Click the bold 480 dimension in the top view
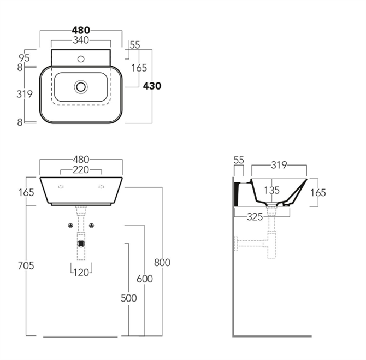pyautogui.click(x=81, y=30)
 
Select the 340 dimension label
pyautogui.click(x=81, y=40)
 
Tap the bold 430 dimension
pyautogui.click(x=152, y=86)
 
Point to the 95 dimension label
pyautogui.click(x=23, y=57)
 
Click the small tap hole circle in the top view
pyautogui.click(x=81, y=58)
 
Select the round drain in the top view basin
pyautogui.click(x=81, y=86)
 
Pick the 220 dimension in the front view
pyautogui.click(x=81, y=170)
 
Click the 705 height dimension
pyautogui.click(x=25, y=265)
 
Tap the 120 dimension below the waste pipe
pyautogui.click(x=81, y=273)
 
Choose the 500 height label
pyautogui.click(x=128, y=298)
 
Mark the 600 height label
pyautogui.click(x=145, y=279)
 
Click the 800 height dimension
pyautogui.click(x=162, y=262)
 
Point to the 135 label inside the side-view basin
pyautogui.click(x=271, y=190)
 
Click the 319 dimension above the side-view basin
pyautogui.click(x=279, y=164)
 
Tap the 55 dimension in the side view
pyautogui.click(x=239, y=160)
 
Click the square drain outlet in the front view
pyautogui.click(x=81, y=244)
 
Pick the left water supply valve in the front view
pyautogui.click(x=70, y=226)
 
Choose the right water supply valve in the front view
pyautogui.click(x=92, y=226)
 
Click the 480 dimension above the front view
pyautogui.click(x=81, y=160)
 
